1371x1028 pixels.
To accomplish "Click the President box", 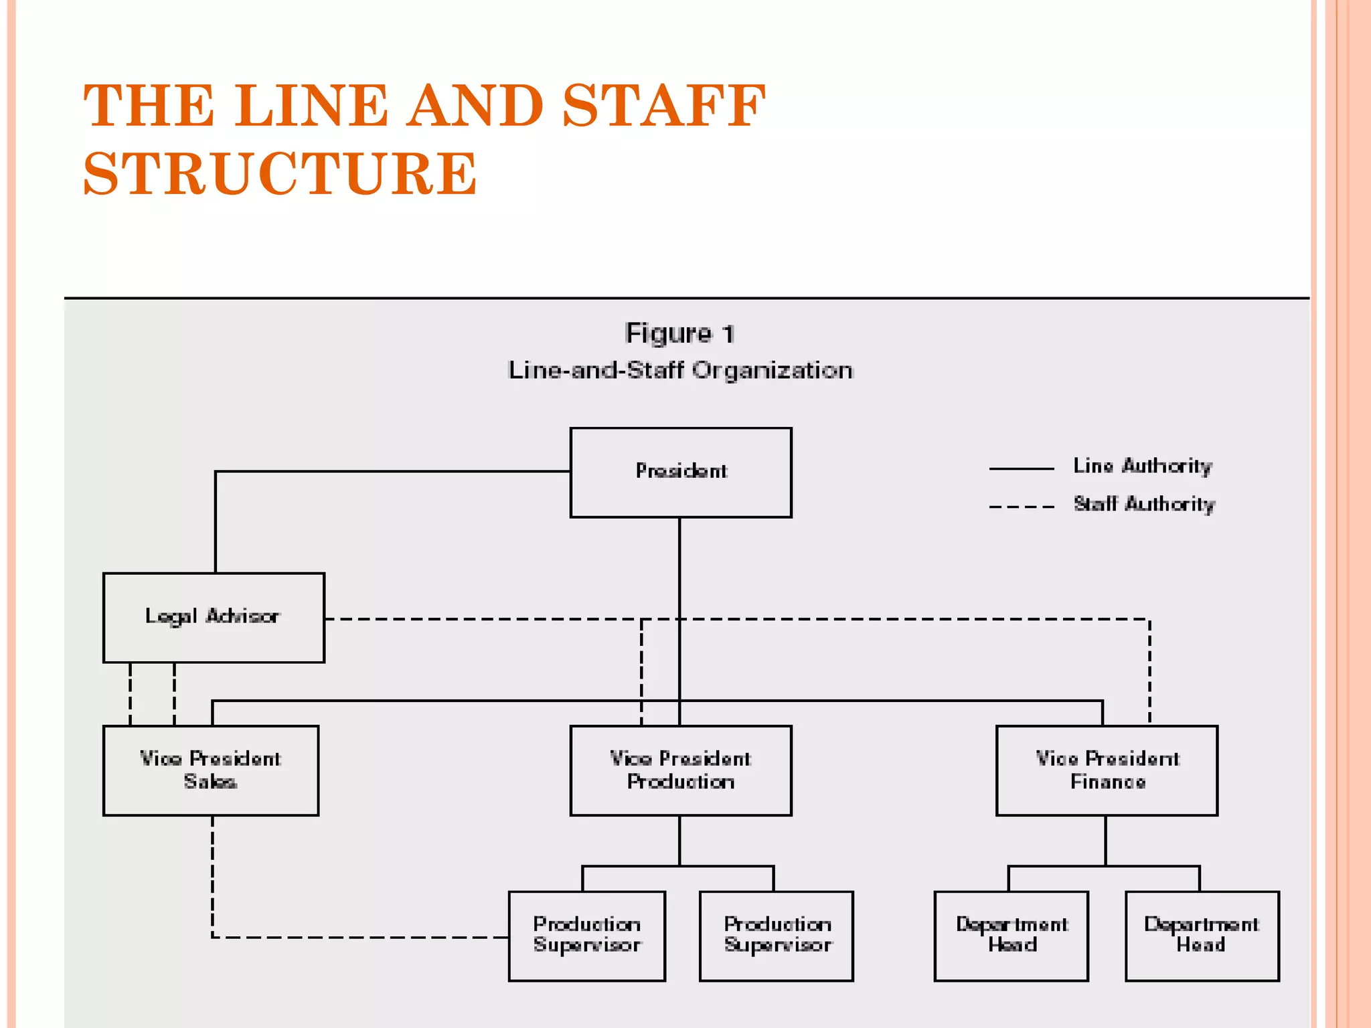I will coord(680,473).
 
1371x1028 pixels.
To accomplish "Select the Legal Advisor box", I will coord(214,617).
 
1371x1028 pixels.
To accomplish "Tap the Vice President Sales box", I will coord(210,770).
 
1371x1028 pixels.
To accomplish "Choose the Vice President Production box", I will coord(680,770).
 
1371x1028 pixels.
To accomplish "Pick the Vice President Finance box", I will coord(1107,770).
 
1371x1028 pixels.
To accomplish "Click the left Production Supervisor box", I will coord(586,936).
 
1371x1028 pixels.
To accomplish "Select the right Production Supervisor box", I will coord(776,936).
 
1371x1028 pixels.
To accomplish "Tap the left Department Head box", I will coord(1011,936).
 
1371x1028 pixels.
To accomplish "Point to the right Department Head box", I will coord(1202,936).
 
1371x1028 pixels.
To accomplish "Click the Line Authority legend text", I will coord(1142,466).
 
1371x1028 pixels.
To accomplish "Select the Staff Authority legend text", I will coord(1143,504).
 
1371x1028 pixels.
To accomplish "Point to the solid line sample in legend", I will coord(1021,469).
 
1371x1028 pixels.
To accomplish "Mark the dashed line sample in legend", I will coord(1021,507).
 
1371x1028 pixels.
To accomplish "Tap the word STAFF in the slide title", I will coord(663,105).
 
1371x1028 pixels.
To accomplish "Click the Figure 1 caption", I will coord(679,333).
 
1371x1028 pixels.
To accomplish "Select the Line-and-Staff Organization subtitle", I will coord(680,370).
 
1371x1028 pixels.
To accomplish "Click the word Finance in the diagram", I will coord(1107,782).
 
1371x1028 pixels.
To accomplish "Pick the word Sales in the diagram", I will coord(210,782).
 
